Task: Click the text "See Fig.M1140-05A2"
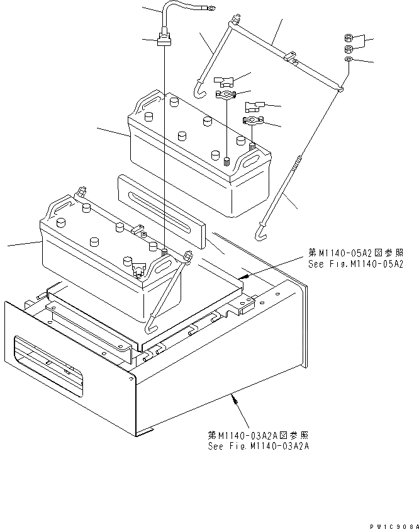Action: pos(354,264)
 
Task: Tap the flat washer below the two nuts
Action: pos(348,59)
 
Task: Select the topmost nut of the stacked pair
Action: pos(349,38)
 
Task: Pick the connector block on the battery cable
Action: pos(164,41)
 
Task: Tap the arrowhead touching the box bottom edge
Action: pos(234,395)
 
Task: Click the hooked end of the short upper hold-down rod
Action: pos(199,91)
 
